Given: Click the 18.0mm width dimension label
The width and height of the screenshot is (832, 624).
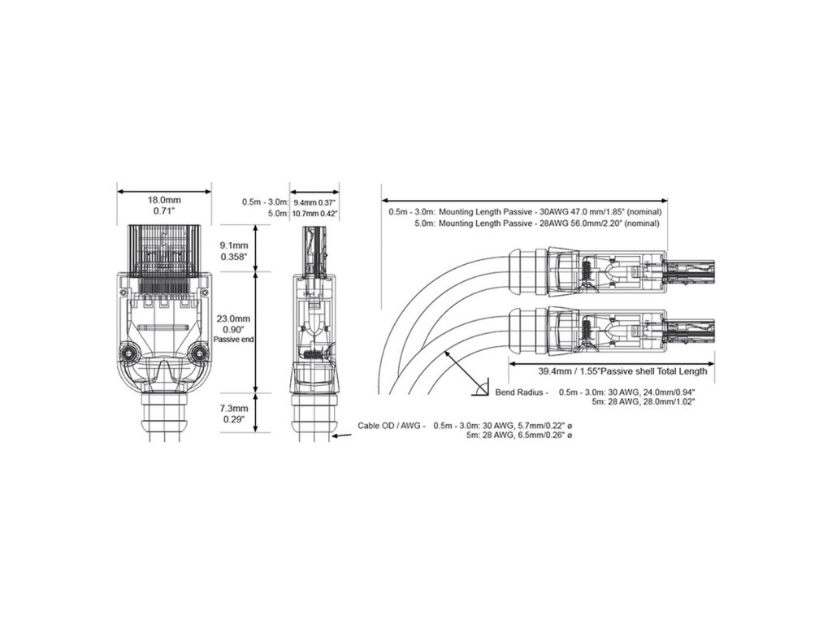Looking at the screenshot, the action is point(164,200).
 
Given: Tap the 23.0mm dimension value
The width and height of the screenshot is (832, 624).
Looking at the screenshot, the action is point(235,318).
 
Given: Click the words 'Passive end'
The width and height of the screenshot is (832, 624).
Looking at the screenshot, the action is point(235,339).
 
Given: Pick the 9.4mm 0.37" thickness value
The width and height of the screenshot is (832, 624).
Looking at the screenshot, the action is point(315,201).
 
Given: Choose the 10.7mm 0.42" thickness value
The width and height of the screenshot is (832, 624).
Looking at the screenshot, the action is point(315,213).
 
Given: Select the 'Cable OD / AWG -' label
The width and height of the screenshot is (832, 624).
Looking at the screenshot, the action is point(392,426).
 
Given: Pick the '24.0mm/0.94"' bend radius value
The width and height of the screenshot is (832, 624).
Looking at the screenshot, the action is point(653,392).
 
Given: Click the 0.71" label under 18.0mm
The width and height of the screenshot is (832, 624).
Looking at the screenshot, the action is point(164,211).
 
